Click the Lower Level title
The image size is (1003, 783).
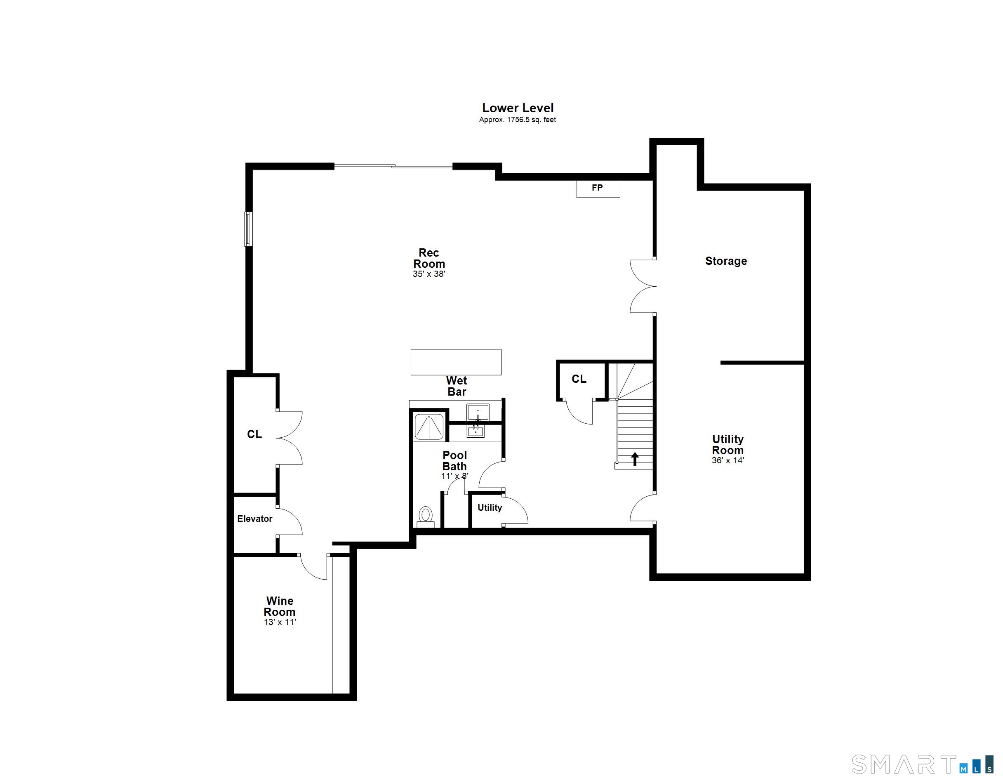click(x=518, y=108)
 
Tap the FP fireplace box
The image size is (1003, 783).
click(x=598, y=189)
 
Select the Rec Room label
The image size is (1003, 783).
click(x=429, y=258)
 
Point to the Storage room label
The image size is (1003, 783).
click(x=726, y=261)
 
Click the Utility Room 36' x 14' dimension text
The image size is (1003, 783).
click(x=728, y=460)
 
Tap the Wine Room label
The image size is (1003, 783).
click(x=280, y=606)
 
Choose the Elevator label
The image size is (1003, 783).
click(x=255, y=519)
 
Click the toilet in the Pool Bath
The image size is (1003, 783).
click(x=426, y=516)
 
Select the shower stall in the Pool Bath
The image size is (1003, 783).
click(x=429, y=427)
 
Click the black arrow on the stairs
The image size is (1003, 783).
click(x=635, y=459)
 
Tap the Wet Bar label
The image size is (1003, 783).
click(x=457, y=386)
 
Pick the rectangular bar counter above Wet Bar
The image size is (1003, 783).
click(x=456, y=362)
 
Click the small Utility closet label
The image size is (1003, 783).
click(x=490, y=508)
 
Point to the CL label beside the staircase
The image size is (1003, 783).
click(x=579, y=379)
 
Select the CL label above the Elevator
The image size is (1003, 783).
click(x=254, y=434)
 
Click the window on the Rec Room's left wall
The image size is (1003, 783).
click(x=248, y=229)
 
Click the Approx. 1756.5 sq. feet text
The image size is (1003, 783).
click(x=518, y=120)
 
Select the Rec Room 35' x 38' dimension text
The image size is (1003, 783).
click(x=429, y=274)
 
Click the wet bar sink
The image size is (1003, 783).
click(x=478, y=412)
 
